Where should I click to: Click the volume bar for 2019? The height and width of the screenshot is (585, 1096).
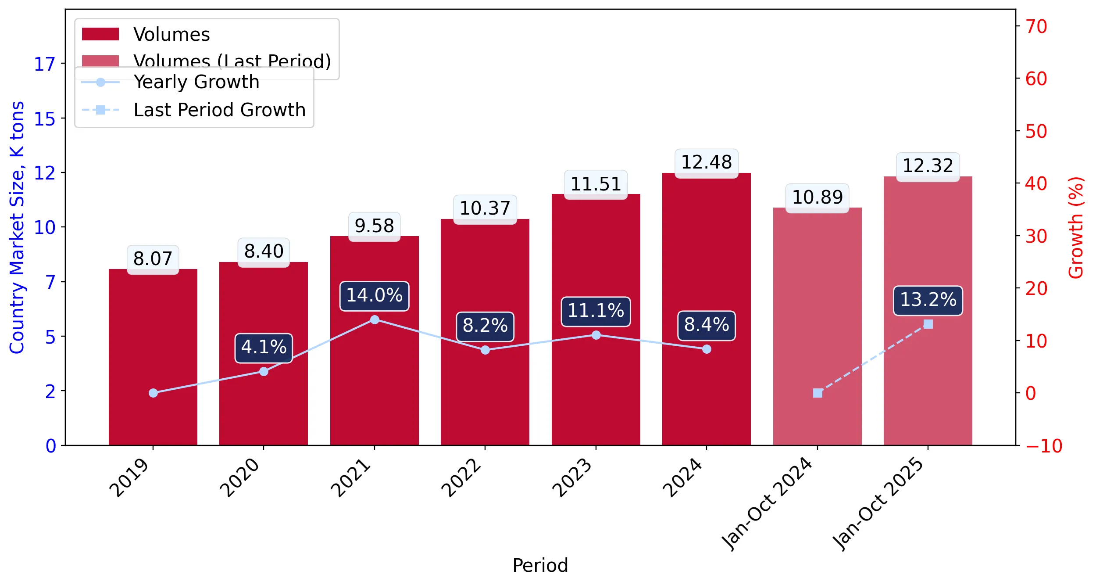[153, 357]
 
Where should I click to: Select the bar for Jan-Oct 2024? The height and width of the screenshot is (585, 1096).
[818, 327]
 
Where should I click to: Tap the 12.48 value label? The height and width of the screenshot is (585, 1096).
[707, 163]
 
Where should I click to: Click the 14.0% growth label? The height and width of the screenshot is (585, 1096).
[375, 296]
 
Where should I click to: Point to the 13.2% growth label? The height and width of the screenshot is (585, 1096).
[928, 300]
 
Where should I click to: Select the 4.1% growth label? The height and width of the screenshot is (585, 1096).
[264, 348]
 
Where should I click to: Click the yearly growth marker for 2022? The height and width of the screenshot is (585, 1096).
[485, 350]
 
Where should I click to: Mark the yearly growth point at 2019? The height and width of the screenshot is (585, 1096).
[153, 393]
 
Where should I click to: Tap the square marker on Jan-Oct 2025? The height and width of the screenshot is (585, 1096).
[928, 324]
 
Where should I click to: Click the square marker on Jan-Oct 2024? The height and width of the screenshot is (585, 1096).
[818, 393]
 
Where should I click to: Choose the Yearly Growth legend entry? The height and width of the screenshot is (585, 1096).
[171, 82]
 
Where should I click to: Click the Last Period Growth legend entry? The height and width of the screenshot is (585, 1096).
[193, 110]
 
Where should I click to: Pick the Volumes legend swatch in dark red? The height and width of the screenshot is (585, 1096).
[100, 34]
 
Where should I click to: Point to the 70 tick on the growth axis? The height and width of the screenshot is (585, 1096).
[1036, 26]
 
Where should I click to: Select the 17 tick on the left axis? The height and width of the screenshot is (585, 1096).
[45, 65]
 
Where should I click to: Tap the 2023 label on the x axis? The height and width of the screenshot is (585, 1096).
[572, 477]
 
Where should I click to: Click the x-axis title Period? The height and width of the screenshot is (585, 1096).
[540, 565]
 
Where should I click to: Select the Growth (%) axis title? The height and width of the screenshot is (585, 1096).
[1075, 228]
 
